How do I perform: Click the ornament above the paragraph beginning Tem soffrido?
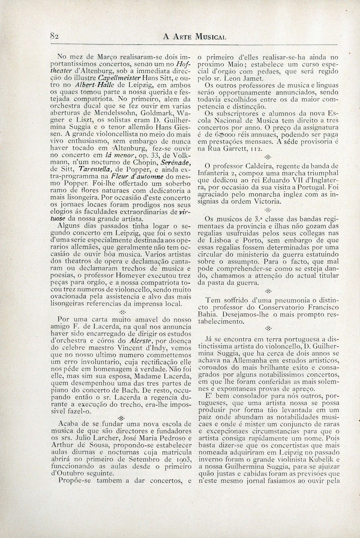coord(268,291)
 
